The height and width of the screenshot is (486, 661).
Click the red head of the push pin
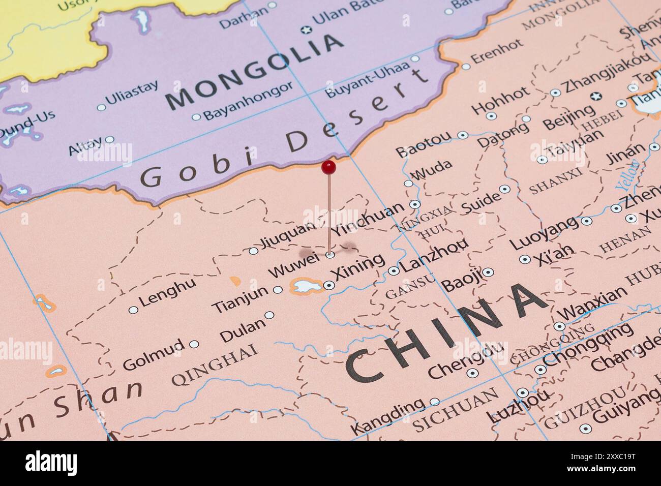click(328, 166)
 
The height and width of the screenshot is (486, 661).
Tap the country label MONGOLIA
click(254, 71)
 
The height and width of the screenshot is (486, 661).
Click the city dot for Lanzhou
click(393, 271)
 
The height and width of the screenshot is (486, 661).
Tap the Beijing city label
click(568, 118)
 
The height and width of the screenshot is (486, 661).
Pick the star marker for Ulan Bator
click(305, 30)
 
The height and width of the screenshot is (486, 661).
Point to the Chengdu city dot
click(472, 373)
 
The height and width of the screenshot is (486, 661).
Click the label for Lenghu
click(167, 293)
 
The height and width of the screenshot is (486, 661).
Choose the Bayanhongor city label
click(248, 101)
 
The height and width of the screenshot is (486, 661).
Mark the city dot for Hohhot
click(491, 116)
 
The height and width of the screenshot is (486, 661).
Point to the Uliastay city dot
click(101, 107)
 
